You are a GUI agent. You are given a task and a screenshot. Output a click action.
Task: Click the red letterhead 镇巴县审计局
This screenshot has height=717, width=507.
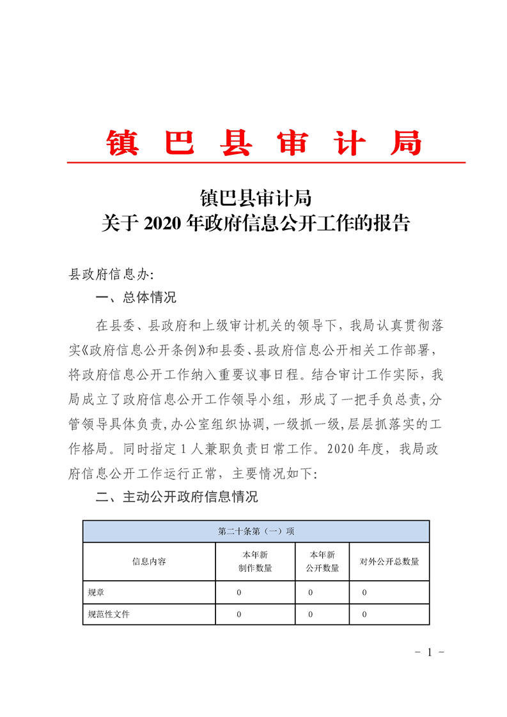264,143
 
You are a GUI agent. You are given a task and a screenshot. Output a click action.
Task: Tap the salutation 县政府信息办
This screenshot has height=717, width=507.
111,275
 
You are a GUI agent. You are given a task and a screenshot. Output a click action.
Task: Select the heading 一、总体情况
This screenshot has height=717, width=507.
136,298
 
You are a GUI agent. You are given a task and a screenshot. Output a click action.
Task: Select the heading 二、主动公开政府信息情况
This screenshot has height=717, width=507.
176,497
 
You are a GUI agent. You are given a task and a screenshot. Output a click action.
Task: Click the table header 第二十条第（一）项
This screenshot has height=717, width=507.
256,531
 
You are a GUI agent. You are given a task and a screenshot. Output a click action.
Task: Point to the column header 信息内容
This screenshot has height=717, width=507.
149,562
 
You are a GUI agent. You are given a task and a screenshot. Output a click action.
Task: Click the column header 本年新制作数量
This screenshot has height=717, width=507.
254,562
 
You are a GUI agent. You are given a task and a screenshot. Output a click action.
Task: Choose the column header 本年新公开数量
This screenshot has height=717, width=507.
322,562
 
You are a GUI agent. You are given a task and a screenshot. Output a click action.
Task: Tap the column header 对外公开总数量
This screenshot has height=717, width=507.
389,562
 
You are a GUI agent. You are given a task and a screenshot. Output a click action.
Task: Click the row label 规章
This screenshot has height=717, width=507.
96,592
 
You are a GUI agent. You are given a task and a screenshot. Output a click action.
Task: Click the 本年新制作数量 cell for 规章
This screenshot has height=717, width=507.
239,592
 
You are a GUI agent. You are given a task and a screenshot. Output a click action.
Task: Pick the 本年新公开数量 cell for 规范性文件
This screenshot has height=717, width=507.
310,614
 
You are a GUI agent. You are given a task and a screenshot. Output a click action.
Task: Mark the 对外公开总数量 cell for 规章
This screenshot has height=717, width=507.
364,592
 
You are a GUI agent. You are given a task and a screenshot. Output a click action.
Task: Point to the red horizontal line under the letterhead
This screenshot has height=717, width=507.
266,163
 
